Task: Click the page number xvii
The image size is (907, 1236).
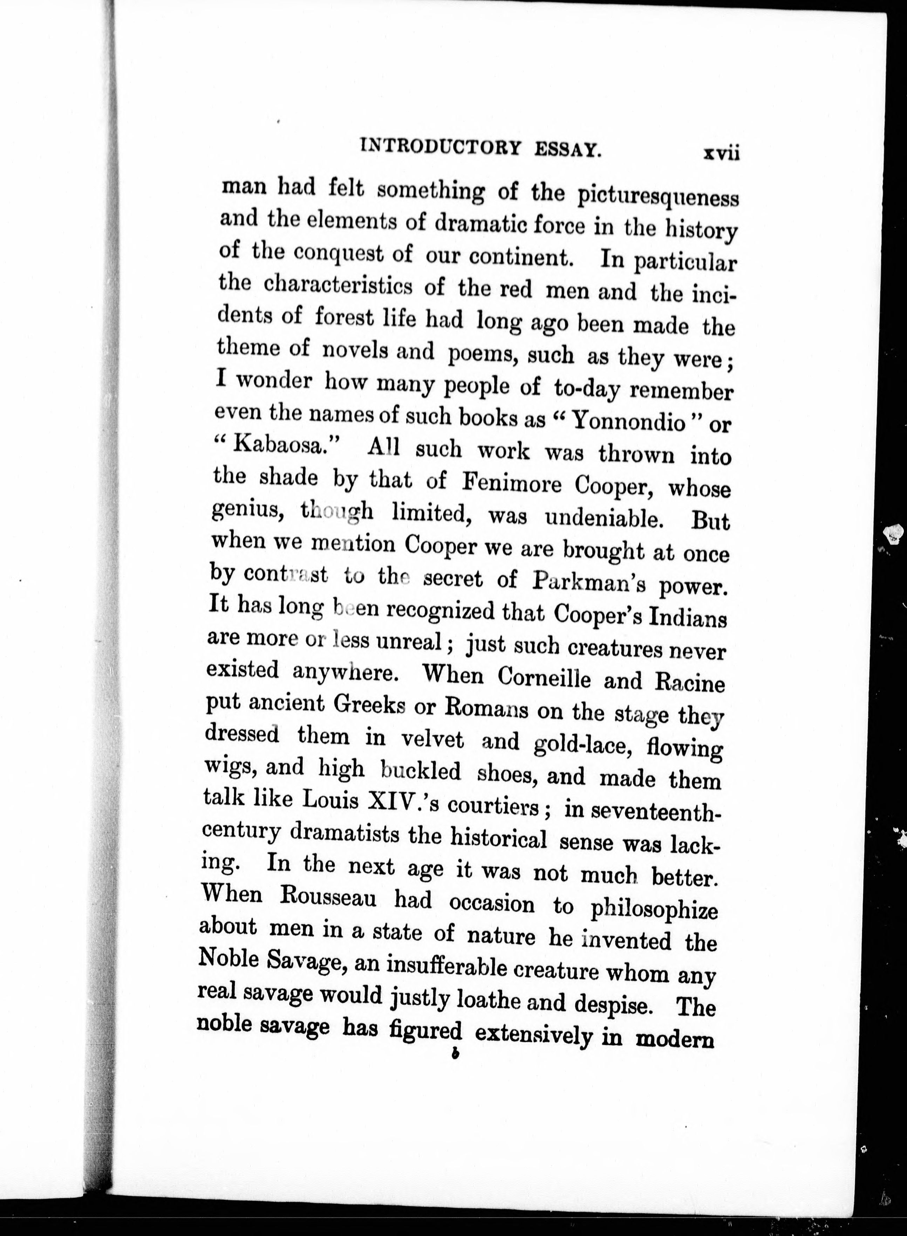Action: tap(721, 153)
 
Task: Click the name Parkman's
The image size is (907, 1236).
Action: tap(588, 582)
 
